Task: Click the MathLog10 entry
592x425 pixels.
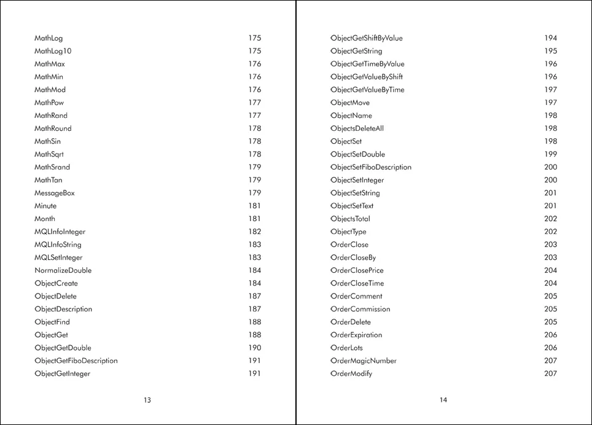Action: click(x=53, y=51)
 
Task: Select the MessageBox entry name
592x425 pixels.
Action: click(x=55, y=193)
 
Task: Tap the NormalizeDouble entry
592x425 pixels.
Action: click(x=63, y=270)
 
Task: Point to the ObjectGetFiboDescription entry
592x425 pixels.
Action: click(x=76, y=361)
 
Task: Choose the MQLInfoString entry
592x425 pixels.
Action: click(x=58, y=244)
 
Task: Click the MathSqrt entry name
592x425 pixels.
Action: click(x=49, y=154)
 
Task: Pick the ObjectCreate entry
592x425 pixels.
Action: click(x=56, y=283)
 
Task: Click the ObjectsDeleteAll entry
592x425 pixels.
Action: click(x=357, y=128)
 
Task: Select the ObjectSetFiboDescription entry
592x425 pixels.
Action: click(x=371, y=167)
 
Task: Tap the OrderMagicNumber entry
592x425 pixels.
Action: click(x=364, y=361)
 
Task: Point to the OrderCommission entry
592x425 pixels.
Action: click(x=360, y=309)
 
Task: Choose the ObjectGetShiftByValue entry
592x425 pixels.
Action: click(x=367, y=38)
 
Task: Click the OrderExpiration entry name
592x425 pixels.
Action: click(x=356, y=335)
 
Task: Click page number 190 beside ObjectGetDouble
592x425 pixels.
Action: click(x=254, y=348)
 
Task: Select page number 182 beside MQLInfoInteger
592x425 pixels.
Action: click(x=254, y=232)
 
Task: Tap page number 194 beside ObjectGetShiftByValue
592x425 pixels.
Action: click(x=550, y=38)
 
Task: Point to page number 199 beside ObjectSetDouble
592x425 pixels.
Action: click(x=550, y=154)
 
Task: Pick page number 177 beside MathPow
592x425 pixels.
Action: click(x=254, y=103)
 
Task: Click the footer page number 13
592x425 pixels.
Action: click(x=147, y=400)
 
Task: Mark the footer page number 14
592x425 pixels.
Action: click(x=443, y=400)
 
